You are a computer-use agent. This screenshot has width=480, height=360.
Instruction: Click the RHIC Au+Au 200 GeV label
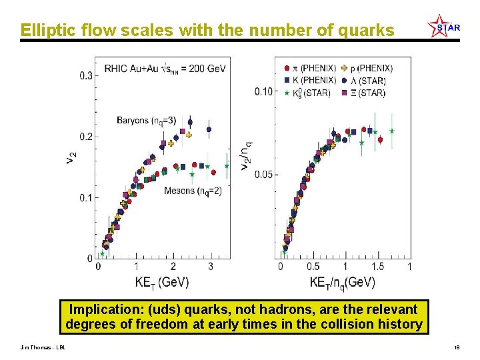pos(164,68)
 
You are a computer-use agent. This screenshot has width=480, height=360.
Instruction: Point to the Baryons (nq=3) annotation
pos(147,121)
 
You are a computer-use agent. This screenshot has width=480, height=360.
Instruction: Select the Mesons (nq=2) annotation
pos(193,191)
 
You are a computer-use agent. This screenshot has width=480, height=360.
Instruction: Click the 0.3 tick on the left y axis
pos(87,76)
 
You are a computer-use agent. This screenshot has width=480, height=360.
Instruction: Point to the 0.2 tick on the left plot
pos(87,137)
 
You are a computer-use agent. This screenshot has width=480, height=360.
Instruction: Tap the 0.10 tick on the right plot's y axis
pos(263,91)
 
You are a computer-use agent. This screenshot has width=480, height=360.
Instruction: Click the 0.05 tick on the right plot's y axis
pos(263,175)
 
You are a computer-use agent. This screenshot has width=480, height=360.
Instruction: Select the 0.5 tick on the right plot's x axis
pos(312,267)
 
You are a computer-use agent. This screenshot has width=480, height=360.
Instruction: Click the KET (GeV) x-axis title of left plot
pos(162,283)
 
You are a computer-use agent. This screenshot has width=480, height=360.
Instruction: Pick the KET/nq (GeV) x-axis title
pos(342,283)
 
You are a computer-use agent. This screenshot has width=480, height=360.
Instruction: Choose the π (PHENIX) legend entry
pos(311,68)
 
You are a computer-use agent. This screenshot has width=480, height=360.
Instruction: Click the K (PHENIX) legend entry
pos(311,80)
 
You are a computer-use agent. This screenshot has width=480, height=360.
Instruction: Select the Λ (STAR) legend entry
pos(367,81)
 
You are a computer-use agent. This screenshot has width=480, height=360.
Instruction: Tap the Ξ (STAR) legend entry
pos(367,93)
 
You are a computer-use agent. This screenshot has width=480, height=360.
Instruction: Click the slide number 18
pos(457,347)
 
